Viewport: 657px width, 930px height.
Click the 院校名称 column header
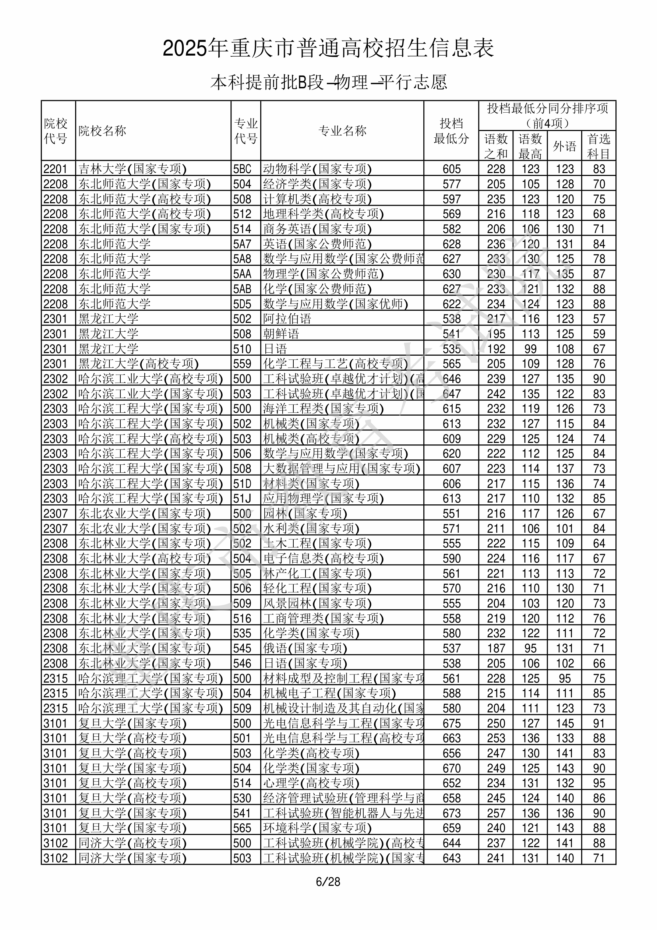click(x=102, y=131)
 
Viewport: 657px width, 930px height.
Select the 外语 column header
click(x=564, y=146)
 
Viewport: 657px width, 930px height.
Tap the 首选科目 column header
click(x=599, y=146)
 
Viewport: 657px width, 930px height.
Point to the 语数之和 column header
click(x=496, y=146)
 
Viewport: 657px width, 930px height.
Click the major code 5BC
click(x=242, y=169)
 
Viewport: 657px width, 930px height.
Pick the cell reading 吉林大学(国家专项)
click(x=133, y=169)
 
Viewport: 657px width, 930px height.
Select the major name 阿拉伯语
click(x=287, y=319)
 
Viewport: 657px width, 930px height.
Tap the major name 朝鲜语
click(x=281, y=334)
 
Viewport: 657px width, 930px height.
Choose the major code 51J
click(x=242, y=499)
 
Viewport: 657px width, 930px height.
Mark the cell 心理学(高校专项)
click(x=311, y=783)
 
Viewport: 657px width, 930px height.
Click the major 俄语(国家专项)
click(x=305, y=648)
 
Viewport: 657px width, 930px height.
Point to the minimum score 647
click(x=452, y=394)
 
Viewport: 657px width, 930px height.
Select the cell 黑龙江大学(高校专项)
click(x=138, y=364)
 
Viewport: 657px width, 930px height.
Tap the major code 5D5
click(x=242, y=304)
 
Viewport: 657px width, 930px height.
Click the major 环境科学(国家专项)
click(x=317, y=828)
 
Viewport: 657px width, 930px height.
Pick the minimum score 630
click(x=452, y=274)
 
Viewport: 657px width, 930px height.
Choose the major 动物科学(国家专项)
click(x=317, y=169)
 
